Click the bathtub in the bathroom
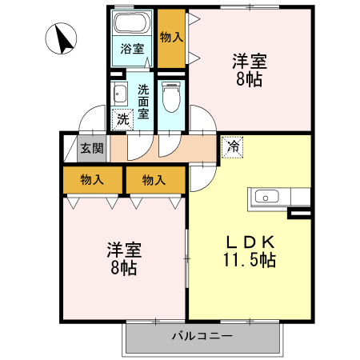(132, 24)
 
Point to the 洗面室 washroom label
(143, 102)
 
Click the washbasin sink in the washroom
(120, 94)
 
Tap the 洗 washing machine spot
(122, 120)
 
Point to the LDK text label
(249, 241)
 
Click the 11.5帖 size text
(250, 260)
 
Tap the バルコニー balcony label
(202, 336)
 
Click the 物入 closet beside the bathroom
(171, 37)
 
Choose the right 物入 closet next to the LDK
(154, 180)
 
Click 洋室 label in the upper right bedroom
(250, 61)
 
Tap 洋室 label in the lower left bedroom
(123, 249)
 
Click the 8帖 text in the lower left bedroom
(123, 267)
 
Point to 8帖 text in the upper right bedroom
(250, 79)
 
